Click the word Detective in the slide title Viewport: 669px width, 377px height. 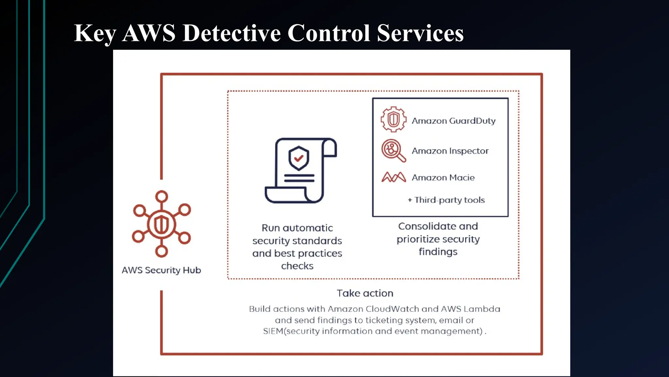tap(231, 33)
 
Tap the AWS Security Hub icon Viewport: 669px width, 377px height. tap(161, 224)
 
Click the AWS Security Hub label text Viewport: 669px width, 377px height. tap(161, 270)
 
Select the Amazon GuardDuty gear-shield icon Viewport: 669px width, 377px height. tap(394, 119)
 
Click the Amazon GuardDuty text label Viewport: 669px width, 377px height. tap(453, 121)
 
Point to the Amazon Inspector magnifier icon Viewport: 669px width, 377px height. tap(393, 150)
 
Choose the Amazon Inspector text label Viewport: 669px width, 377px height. tap(450, 151)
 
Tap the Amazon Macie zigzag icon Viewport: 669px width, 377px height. tap(394, 177)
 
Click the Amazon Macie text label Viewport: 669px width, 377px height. tap(443, 178)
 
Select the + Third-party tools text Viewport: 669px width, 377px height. tap(446, 200)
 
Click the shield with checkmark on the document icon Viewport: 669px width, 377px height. tap(299, 158)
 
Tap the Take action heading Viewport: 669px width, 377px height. tap(365, 293)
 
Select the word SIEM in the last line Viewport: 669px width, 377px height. tap(273, 331)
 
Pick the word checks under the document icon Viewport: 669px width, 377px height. tap(297, 266)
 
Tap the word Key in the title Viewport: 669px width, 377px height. tap(95, 34)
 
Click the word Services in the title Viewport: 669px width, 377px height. tap(420, 33)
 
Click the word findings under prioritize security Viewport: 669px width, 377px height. tap(438, 252)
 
